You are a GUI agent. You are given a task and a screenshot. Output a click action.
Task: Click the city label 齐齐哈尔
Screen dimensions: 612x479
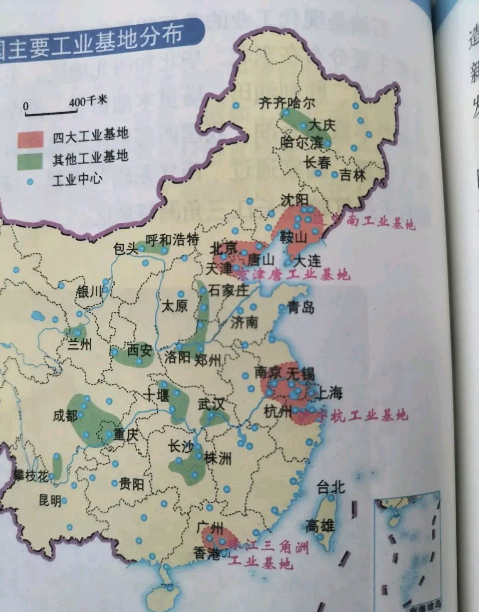click(x=286, y=103)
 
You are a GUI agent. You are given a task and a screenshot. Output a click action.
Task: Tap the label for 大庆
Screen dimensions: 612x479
click(x=322, y=125)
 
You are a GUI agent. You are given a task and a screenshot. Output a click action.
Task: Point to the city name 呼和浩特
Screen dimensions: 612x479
click(x=172, y=240)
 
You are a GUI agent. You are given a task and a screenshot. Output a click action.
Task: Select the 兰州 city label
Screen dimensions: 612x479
click(x=79, y=344)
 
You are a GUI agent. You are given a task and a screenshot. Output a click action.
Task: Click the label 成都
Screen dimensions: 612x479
click(x=65, y=415)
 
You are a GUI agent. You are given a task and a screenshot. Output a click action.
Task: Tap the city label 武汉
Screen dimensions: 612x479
click(x=211, y=404)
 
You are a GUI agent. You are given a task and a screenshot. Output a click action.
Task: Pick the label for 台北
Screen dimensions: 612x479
click(x=331, y=488)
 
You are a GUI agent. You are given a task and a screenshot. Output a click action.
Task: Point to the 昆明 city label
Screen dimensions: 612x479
click(x=50, y=500)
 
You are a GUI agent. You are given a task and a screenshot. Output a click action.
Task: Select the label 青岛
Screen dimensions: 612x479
click(x=301, y=307)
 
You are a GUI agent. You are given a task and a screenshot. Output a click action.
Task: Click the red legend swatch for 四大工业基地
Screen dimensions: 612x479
click(x=30, y=139)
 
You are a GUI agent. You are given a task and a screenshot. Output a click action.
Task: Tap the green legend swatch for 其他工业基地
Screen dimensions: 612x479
click(x=30, y=161)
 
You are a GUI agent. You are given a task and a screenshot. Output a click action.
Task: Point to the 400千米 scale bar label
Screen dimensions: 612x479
click(x=88, y=102)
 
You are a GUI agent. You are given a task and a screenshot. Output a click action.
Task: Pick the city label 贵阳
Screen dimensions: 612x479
click(x=132, y=484)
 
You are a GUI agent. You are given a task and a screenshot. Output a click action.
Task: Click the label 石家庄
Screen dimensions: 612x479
click(x=228, y=290)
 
